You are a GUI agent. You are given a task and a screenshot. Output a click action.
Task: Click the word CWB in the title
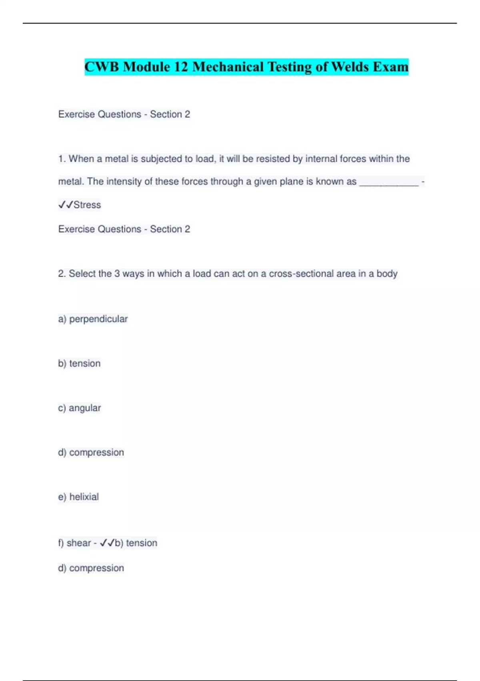(102, 67)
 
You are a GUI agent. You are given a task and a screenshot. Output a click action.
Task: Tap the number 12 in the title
(181, 67)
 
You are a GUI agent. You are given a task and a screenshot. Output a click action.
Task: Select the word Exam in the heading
(390, 67)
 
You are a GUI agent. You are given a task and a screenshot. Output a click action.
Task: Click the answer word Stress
(87, 205)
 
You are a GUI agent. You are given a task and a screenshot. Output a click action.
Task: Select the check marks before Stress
(66, 205)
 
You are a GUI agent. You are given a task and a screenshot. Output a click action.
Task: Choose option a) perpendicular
(93, 319)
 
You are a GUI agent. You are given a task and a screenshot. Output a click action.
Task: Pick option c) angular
(79, 408)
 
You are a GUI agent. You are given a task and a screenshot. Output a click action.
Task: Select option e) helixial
(78, 497)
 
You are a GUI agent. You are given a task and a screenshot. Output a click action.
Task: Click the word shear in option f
(78, 543)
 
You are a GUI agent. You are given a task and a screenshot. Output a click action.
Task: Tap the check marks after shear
(107, 543)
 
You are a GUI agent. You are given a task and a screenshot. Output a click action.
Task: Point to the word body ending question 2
(387, 274)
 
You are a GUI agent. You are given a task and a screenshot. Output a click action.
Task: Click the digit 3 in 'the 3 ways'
(117, 274)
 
